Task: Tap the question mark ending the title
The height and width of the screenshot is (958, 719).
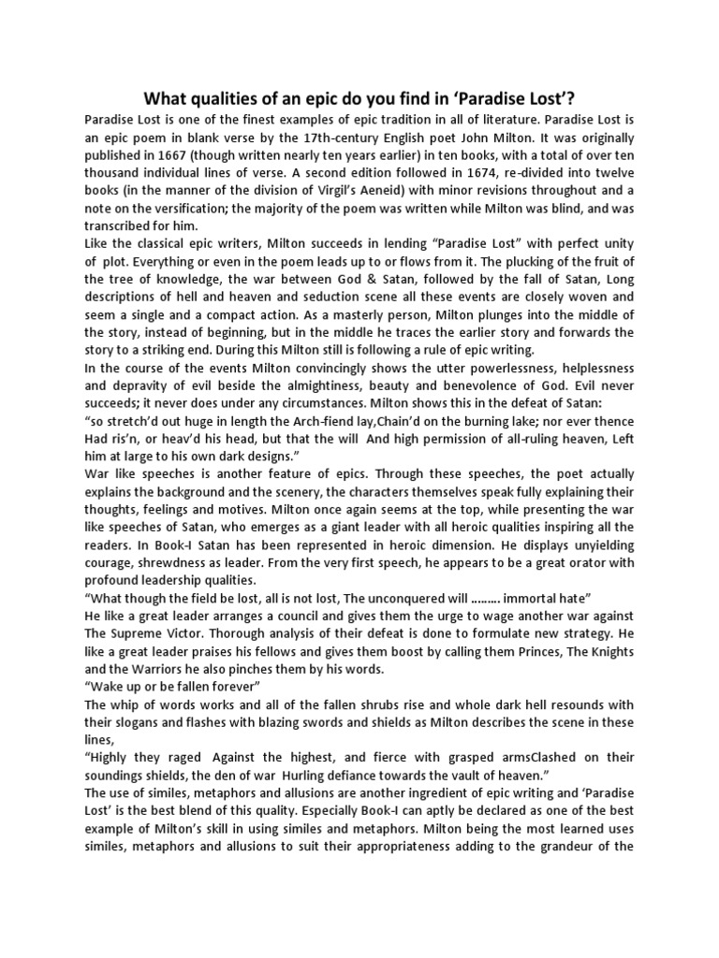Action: pos(574,99)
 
